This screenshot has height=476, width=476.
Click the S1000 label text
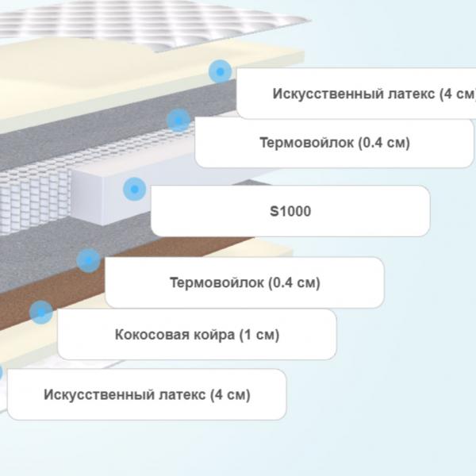290,211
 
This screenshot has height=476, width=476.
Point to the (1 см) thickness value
259,335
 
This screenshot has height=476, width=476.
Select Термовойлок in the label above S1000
306,142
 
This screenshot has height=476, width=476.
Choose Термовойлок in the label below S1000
217,282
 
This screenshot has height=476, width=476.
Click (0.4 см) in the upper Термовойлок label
384,143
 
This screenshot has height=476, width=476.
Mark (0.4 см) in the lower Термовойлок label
294,283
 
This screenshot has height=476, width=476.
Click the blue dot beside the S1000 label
135,189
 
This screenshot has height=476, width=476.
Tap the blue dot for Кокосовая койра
41,312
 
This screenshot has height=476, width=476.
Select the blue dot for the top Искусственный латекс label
220,71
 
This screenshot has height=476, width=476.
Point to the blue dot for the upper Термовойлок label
178,121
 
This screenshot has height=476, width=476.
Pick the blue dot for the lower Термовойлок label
88,260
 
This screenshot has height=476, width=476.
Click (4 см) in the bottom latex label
231,394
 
